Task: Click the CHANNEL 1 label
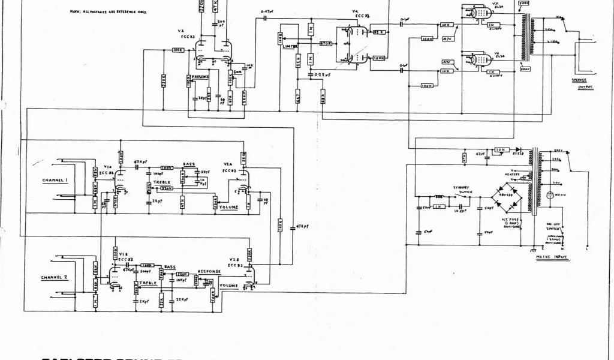[x=55, y=181]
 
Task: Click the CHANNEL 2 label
[x=55, y=278]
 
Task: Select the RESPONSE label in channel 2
[x=209, y=271]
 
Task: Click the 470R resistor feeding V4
[x=326, y=43]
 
